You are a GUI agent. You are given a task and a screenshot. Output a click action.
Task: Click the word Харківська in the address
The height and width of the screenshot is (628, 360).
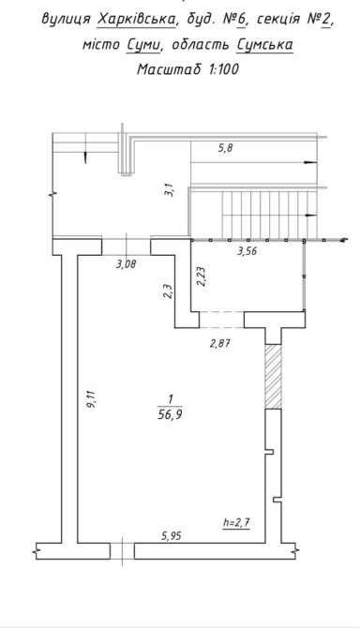click(136, 19)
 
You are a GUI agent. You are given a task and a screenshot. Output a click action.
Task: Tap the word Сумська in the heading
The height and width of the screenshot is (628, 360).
click(264, 44)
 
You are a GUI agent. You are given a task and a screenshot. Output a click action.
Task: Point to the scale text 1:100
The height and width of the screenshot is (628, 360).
click(223, 69)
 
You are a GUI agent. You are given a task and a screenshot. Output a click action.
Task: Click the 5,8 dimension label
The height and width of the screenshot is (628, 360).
click(225, 149)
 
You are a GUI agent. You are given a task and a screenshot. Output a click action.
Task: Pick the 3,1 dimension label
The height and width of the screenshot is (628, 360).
click(171, 189)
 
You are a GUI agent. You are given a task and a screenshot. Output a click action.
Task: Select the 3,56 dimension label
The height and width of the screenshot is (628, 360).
click(247, 251)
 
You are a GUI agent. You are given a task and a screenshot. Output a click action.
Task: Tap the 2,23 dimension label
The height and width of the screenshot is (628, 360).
click(202, 277)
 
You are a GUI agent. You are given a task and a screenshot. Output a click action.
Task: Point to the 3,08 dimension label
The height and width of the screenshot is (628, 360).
click(127, 264)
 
